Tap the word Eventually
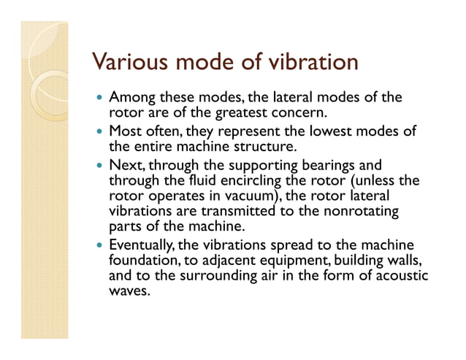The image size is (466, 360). click(x=140, y=245)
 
